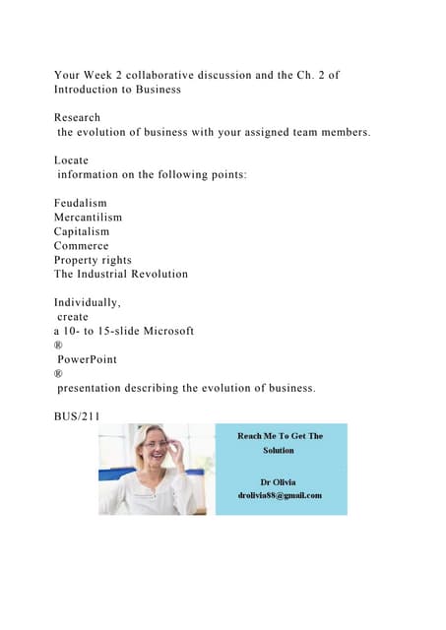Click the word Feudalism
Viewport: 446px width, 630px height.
pos(81,203)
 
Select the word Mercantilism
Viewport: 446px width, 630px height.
pos(88,217)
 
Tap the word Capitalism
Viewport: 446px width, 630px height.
pos(82,231)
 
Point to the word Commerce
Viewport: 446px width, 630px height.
pos(81,245)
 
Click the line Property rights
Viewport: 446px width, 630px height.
pos(93,260)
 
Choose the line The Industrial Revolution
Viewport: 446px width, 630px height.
pos(120,274)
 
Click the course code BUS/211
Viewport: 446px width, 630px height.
pos(76,416)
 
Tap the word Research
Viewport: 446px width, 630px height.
pos(77,116)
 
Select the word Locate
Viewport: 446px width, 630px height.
pos(71,159)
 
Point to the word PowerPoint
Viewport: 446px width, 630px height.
pos(88,359)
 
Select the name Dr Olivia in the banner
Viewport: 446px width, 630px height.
pos(279,481)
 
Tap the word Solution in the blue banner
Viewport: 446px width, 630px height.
pos(279,451)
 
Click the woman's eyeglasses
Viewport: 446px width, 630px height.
pos(156,445)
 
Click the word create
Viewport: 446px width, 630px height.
pos(73,317)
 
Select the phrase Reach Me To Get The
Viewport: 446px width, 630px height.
pos(280,435)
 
